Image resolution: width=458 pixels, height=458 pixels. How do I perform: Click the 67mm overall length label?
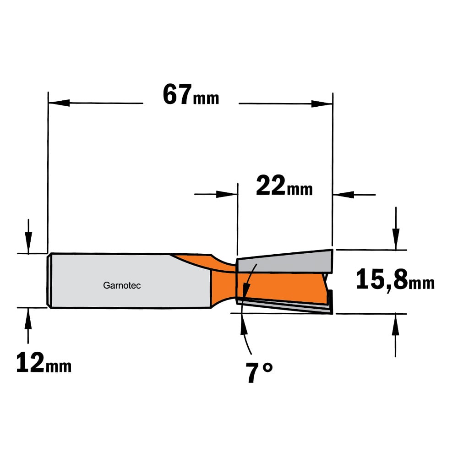pos(191,95)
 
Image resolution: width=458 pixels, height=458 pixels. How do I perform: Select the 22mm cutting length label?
pos(284,186)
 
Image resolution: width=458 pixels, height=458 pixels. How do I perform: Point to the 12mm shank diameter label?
pos(44,362)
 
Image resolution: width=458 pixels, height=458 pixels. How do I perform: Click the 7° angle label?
pos(259,373)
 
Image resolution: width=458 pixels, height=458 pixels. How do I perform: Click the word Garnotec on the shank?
pos(122,285)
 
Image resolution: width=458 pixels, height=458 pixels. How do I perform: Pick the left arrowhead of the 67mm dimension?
pos(59,103)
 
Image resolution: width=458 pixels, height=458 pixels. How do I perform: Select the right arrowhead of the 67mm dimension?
pos(322,104)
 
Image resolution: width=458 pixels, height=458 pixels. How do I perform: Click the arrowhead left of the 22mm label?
pos(227,194)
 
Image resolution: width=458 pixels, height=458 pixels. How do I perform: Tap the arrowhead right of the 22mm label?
pos(343,195)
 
